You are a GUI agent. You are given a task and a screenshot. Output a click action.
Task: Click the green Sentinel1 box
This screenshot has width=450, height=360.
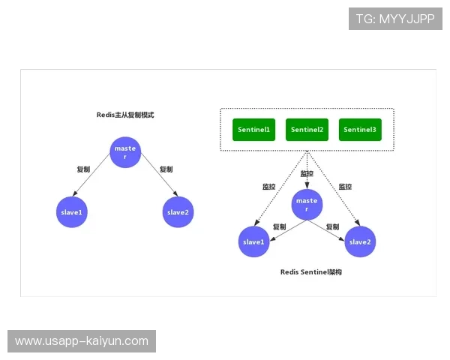[x=253, y=130]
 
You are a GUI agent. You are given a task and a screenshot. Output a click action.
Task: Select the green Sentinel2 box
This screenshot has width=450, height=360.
[x=307, y=130]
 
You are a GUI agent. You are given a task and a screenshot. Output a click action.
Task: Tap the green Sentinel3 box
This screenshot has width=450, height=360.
[x=360, y=130]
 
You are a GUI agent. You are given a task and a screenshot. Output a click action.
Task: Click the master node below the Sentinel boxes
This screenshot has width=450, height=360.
[x=307, y=205]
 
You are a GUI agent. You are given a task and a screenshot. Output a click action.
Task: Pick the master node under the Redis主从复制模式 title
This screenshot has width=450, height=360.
[x=124, y=152]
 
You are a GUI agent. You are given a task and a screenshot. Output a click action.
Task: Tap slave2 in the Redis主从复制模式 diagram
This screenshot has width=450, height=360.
[x=178, y=212]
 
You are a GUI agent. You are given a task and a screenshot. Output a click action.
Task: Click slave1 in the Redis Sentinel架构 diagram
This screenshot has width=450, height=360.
[x=253, y=241]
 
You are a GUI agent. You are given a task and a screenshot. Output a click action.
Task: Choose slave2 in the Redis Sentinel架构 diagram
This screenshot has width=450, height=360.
[x=360, y=241]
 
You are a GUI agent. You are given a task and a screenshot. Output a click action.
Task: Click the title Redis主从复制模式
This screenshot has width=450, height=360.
[x=124, y=115]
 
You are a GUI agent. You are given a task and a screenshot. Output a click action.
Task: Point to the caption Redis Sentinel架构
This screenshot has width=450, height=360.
[x=311, y=272]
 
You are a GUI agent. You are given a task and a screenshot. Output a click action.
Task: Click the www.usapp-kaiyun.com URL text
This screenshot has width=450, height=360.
[x=82, y=341]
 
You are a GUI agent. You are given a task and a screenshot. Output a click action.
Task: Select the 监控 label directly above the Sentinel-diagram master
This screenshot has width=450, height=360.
[x=307, y=174]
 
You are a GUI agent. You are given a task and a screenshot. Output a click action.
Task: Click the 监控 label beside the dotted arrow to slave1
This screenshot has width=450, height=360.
[x=268, y=187]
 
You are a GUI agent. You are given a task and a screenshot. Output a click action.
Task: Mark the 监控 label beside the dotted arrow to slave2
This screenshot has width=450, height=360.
[x=345, y=187]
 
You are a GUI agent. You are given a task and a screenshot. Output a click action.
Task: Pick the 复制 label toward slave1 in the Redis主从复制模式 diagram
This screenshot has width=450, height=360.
[x=83, y=169]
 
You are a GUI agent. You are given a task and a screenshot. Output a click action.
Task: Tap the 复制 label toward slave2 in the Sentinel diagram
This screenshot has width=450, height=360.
[x=332, y=226]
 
